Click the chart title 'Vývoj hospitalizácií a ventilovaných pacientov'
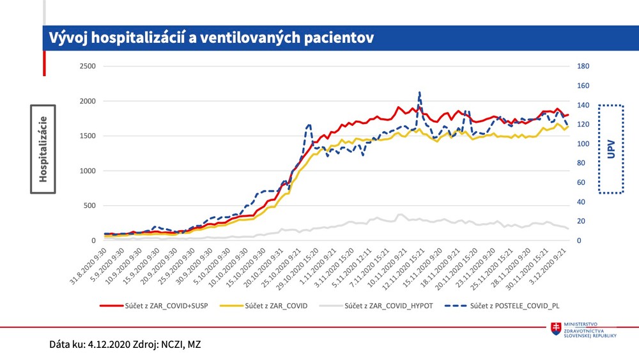tap(211, 38)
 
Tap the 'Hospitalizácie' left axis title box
tap(43, 149)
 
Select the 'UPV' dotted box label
tap(610, 149)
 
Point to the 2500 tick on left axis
tap(87, 67)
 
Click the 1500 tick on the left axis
tap(87, 136)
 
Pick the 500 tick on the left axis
tap(89, 206)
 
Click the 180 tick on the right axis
tap(583, 67)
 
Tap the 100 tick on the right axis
tap(583, 144)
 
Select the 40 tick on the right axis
tap(581, 202)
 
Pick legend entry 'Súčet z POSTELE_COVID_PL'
tap(519, 306)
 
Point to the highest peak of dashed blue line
tap(419, 92)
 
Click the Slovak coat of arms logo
tap(556, 329)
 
